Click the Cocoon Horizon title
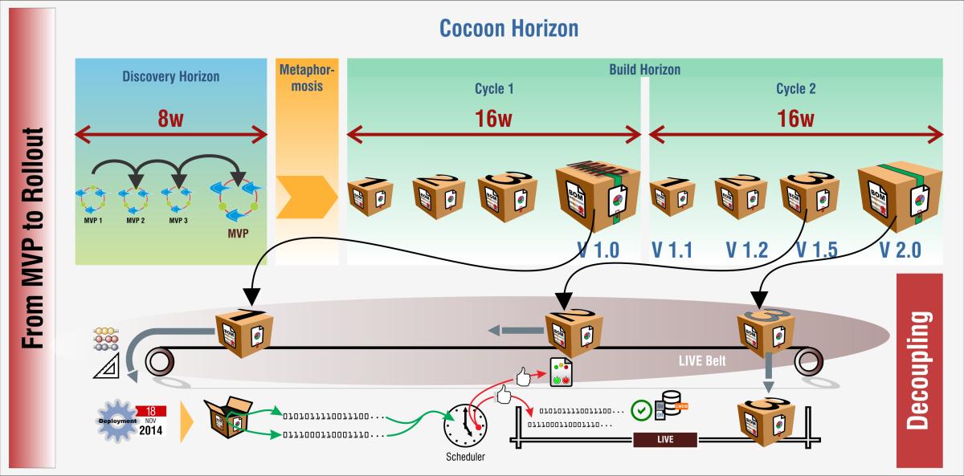point(509,29)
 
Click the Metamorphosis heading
point(306,77)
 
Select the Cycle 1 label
point(494,89)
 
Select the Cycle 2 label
point(795,89)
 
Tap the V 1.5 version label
point(816,250)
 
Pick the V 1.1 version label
point(672,250)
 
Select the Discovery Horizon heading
point(170,77)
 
